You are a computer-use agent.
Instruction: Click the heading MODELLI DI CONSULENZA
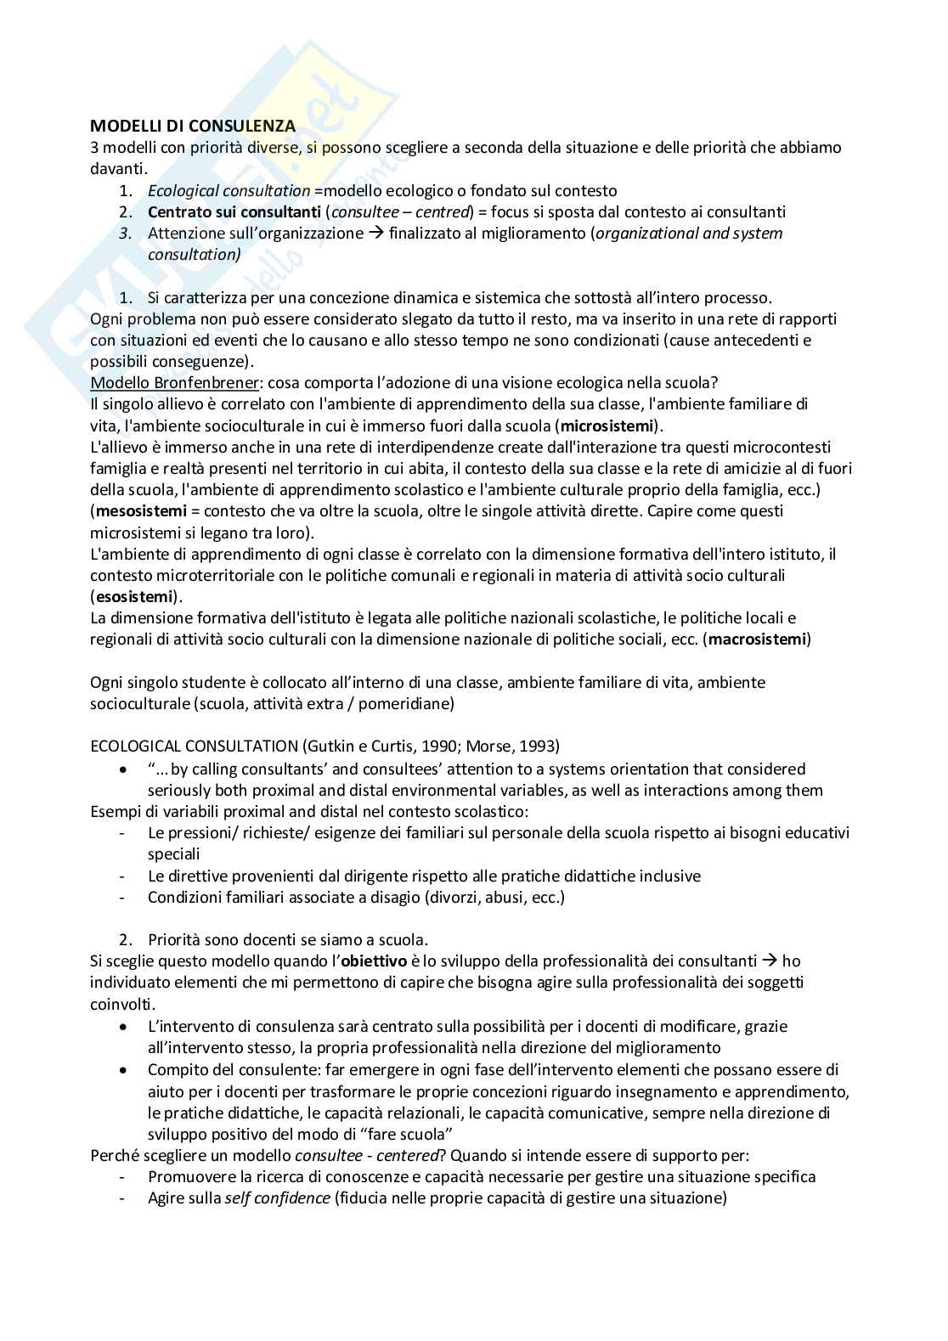coord(193,127)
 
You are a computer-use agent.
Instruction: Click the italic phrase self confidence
coord(277,1198)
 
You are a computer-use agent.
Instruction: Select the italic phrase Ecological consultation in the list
coord(229,190)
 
